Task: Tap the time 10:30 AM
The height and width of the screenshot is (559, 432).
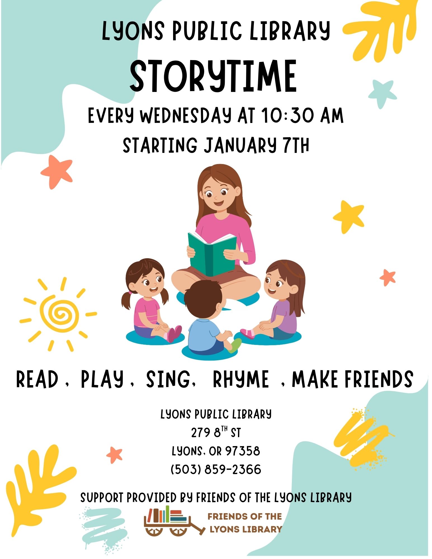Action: click(303, 115)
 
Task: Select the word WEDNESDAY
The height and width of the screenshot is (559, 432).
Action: click(186, 115)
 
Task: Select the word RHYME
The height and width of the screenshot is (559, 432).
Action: click(241, 379)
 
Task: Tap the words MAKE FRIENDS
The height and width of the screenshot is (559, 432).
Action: click(353, 379)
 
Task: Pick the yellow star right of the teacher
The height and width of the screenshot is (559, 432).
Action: click(349, 217)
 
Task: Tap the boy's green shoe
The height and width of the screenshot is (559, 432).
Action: click(235, 345)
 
